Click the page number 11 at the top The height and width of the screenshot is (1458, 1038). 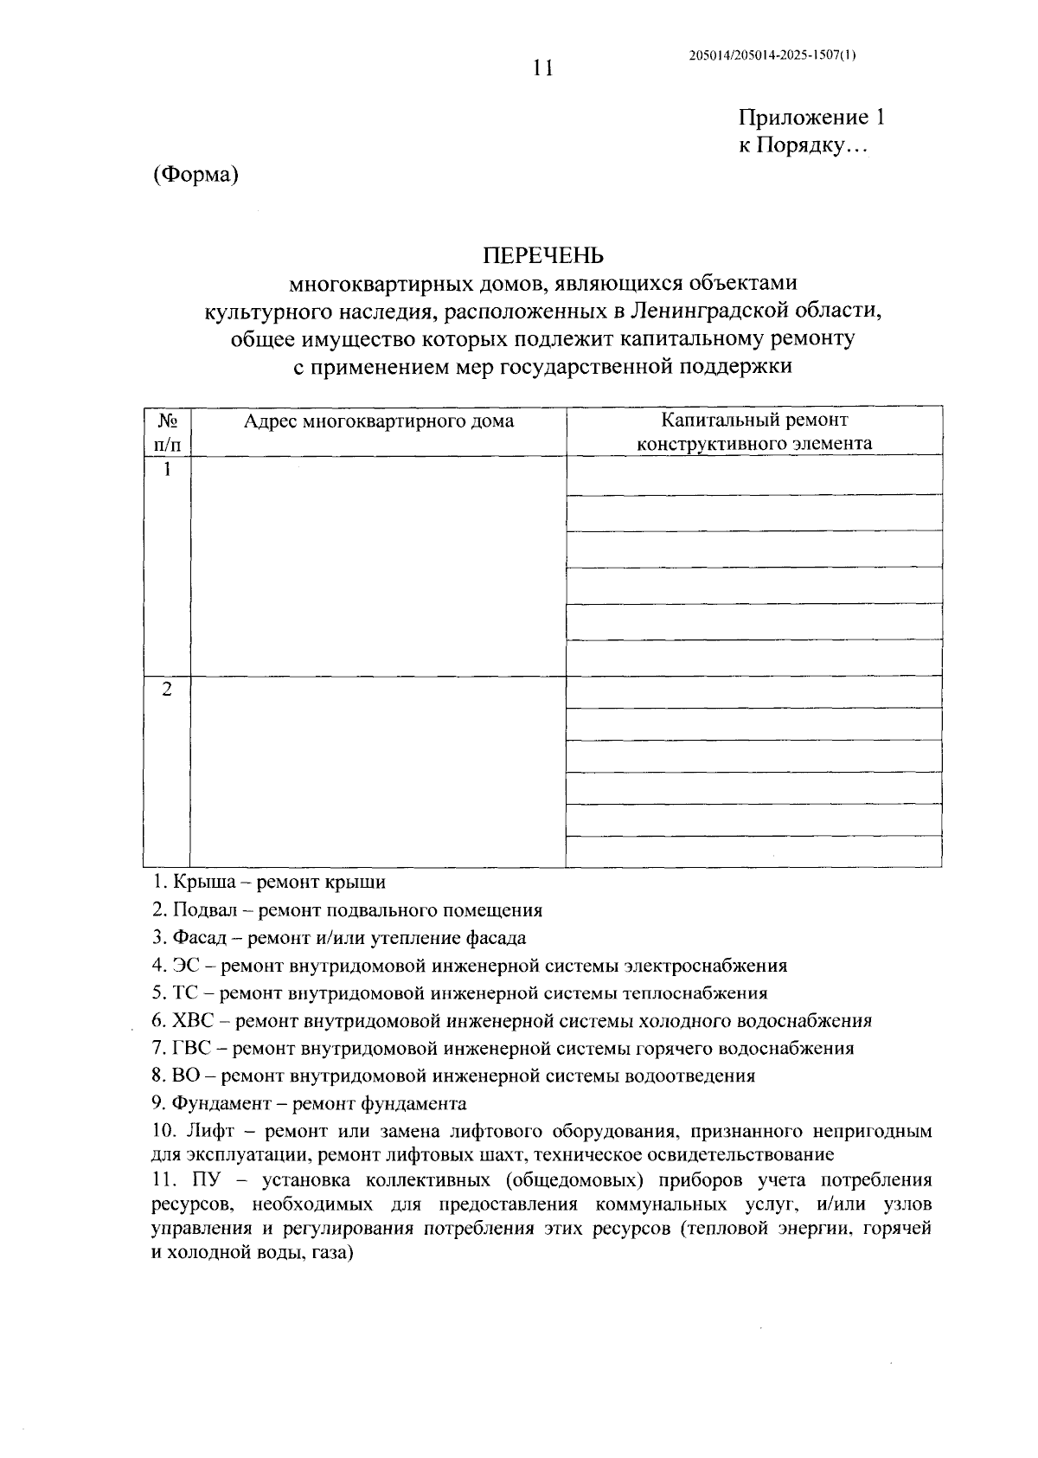click(542, 68)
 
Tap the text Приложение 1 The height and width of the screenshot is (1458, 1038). click(811, 118)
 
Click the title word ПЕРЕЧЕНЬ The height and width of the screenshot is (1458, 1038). click(542, 256)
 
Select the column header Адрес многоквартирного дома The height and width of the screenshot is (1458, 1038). click(378, 421)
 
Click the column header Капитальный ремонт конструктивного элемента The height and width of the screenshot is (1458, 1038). click(754, 432)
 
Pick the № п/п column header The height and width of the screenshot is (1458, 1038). click(167, 432)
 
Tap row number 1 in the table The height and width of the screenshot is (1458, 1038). click(167, 470)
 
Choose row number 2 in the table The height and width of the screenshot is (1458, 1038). click(167, 690)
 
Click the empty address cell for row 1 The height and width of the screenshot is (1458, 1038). click(378, 566)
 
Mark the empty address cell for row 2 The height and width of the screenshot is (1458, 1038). click(378, 771)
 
